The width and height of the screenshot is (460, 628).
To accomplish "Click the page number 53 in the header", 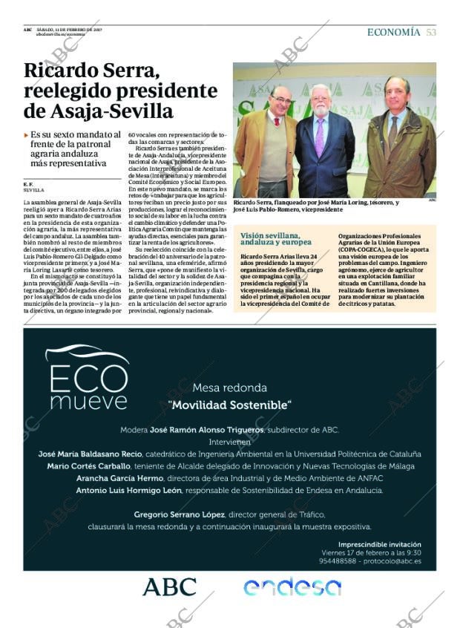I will point(431,32).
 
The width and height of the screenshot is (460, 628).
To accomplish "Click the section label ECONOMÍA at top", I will point(393,32).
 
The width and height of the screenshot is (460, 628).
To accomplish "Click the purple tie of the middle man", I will point(321,137).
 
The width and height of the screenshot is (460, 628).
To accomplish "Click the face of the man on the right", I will point(396,93).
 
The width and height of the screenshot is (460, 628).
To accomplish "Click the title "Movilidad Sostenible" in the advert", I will point(229,405).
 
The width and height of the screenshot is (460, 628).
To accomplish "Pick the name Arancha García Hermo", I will point(119,478).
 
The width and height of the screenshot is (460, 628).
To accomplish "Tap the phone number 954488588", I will point(341,562).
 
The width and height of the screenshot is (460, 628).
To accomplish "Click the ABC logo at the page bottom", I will point(169,587).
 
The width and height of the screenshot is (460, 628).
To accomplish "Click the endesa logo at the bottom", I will point(292,587).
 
